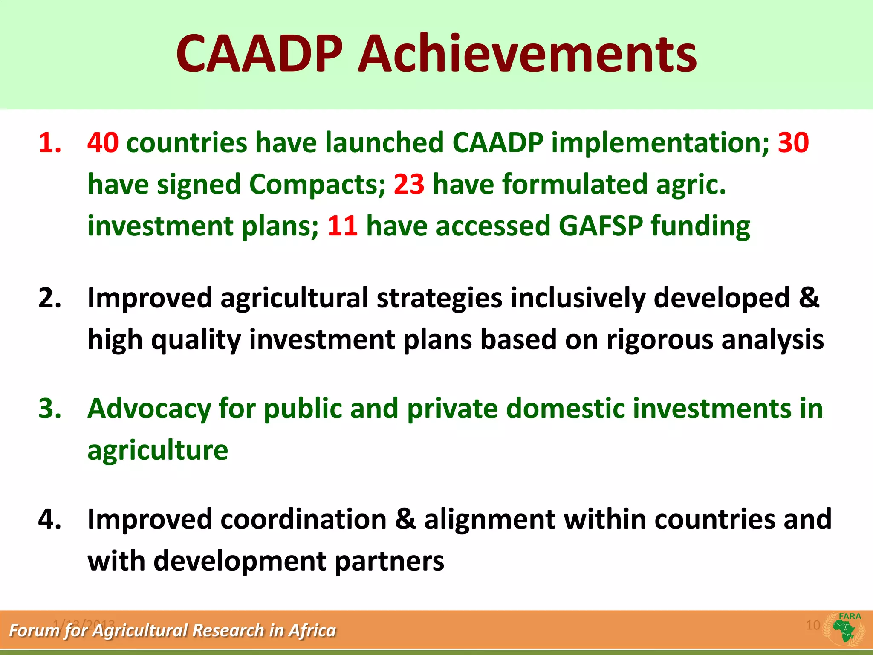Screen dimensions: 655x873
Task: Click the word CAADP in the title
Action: point(259,54)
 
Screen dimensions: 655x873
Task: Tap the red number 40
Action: point(103,142)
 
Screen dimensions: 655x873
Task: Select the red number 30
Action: point(793,142)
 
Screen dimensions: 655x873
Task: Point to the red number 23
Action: point(409,184)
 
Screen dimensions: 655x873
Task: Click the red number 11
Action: point(342,226)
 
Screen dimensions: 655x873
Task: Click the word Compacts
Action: point(317,184)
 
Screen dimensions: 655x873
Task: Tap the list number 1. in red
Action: point(50,142)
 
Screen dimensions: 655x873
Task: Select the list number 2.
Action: point(50,298)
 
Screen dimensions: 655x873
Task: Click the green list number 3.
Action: point(50,409)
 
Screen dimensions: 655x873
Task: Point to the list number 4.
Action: point(50,519)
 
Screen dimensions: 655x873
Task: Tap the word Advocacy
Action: point(149,409)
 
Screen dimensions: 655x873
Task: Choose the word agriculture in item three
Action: point(158,450)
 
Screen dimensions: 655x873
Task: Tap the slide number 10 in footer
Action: point(813,625)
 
